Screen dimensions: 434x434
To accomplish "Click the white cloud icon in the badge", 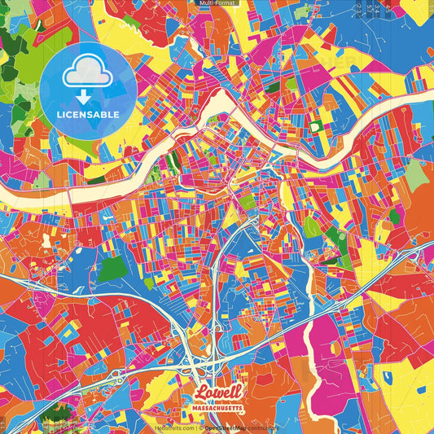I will [87, 72].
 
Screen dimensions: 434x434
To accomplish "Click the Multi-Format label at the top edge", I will [217, 3].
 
